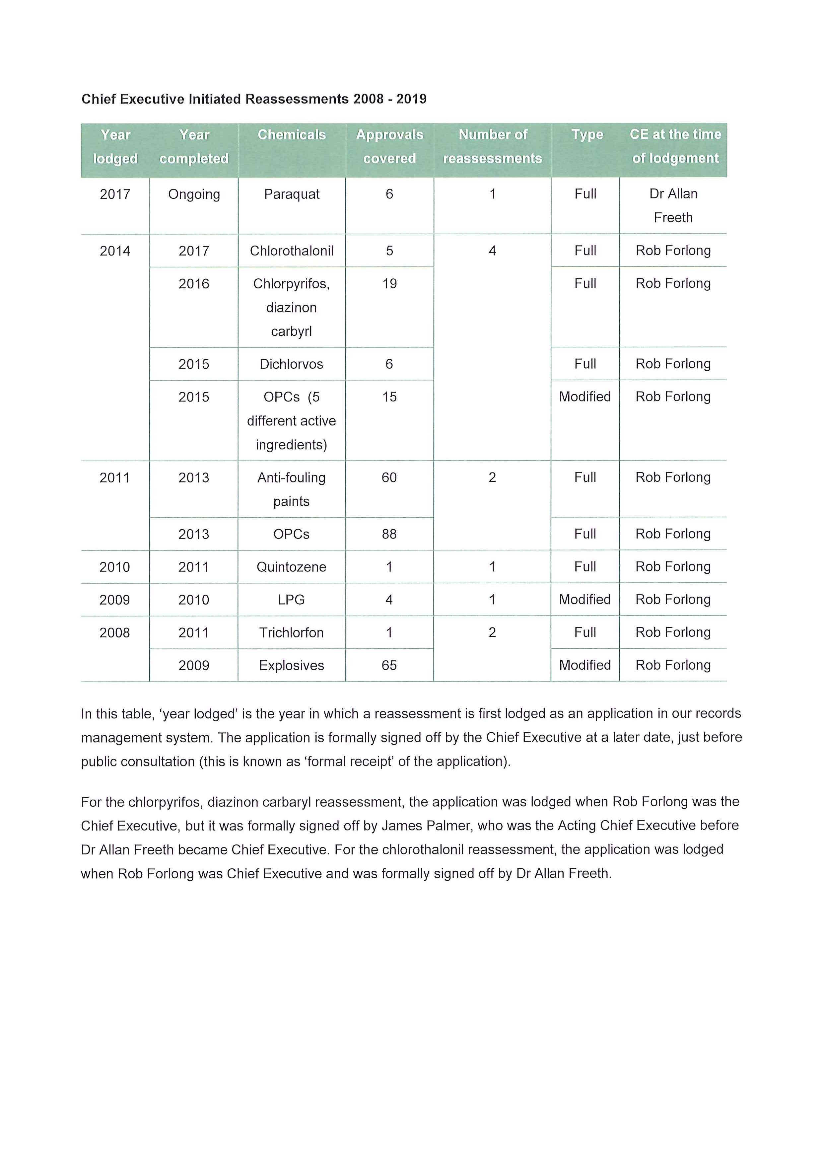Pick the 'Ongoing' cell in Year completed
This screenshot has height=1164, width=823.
point(194,194)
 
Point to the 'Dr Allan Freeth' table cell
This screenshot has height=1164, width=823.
point(673,205)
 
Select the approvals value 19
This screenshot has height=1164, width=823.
point(389,284)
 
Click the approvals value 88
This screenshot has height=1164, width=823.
point(389,534)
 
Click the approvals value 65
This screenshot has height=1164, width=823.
point(389,665)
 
